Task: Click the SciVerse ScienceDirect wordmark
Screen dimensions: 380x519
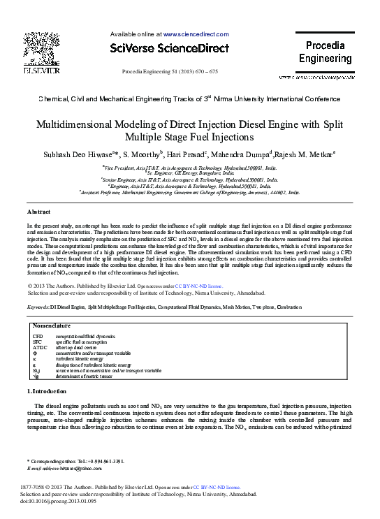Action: click(x=169, y=48)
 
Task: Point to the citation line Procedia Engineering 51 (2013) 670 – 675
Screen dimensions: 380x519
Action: click(x=170, y=72)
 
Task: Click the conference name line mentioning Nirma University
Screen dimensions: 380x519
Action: click(x=189, y=100)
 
